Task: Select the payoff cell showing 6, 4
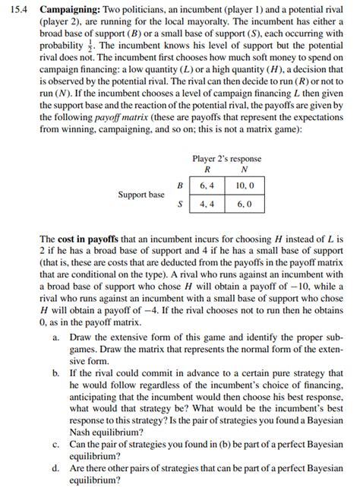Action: (x=207, y=185)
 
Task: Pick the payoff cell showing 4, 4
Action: (x=207, y=204)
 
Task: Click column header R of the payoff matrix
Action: (x=208, y=170)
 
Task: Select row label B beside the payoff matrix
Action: (x=179, y=185)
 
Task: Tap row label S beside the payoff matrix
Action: (x=179, y=204)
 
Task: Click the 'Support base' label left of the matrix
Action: (x=141, y=195)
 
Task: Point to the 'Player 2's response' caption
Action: (x=227, y=158)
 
